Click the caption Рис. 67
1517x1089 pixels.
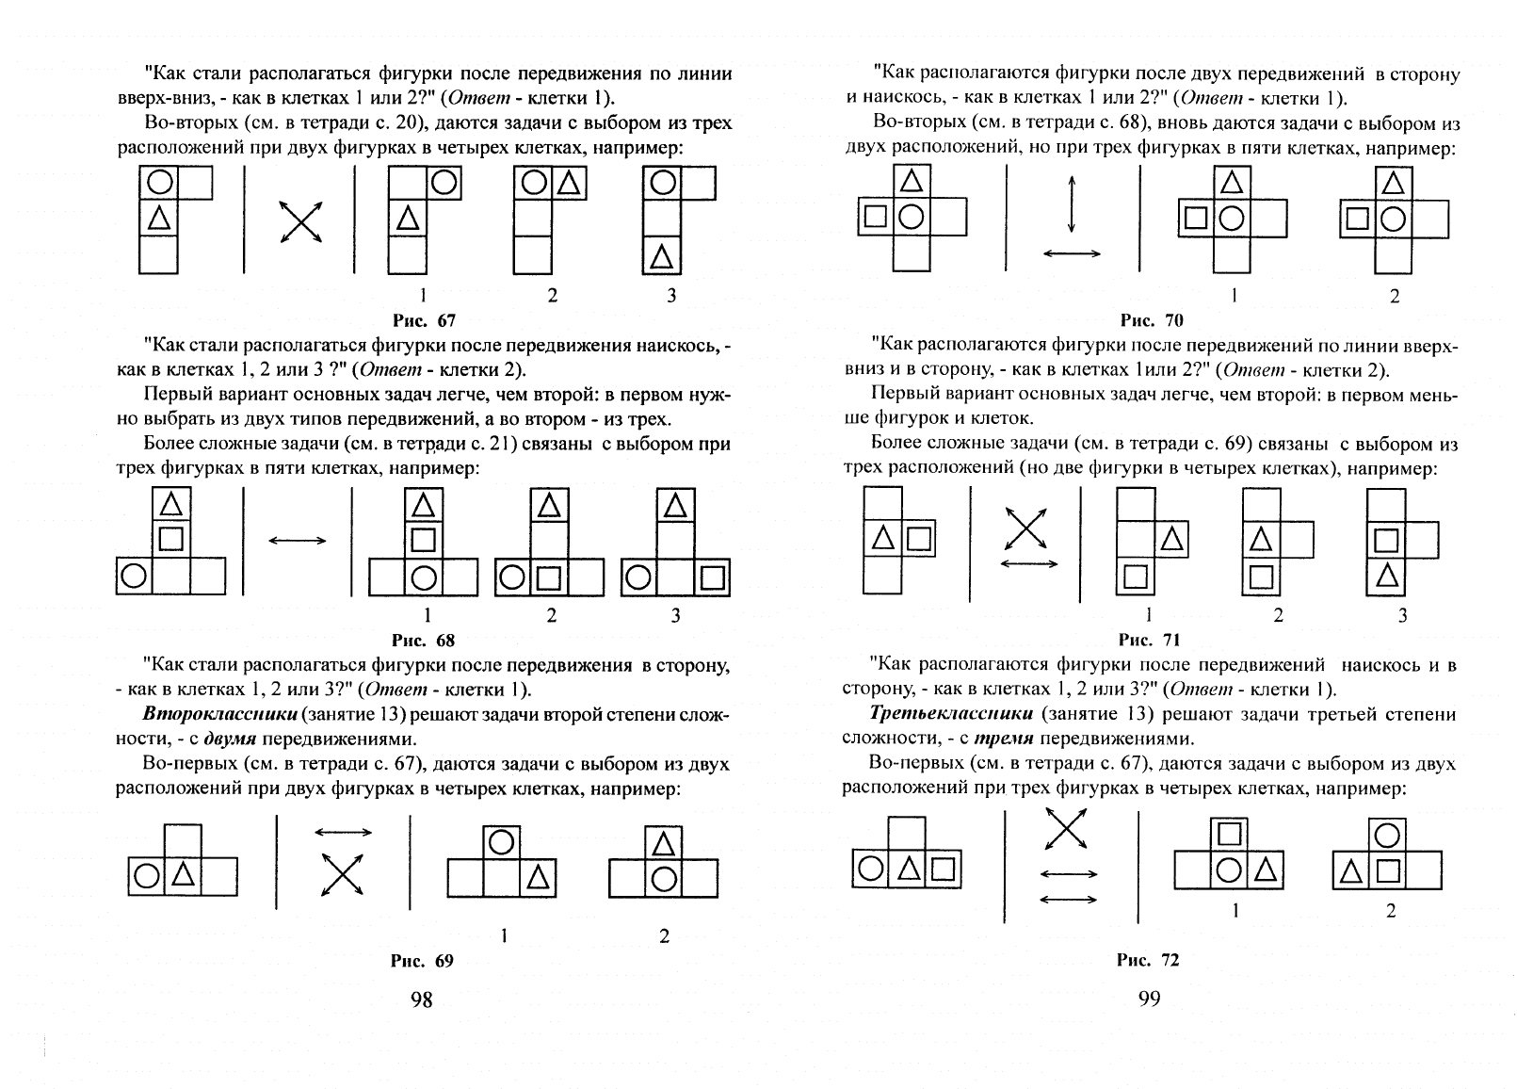point(424,320)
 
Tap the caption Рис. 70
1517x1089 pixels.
point(1152,320)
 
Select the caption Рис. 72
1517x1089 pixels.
point(1148,960)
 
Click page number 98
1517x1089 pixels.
point(421,1000)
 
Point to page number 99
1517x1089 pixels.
point(1149,999)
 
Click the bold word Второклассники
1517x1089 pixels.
point(220,713)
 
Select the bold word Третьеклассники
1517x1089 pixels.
point(951,713)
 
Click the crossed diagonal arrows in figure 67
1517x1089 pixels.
point(300,221)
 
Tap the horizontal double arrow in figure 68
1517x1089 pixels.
point(298,540)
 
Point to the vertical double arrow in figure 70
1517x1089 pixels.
point(1072,204)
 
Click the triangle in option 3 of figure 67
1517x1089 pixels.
point(662,256)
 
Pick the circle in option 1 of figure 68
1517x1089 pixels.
point(424,578)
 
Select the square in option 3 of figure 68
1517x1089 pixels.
point(712,578)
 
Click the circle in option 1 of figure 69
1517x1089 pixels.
point(501,842)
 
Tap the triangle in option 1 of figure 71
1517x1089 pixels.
point(1171,539)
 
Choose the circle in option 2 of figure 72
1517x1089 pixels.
point(1387,836)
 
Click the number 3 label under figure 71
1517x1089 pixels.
point(1402,615)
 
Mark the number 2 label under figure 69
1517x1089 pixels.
point(664,935)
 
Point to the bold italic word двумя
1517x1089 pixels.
point(231,738)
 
